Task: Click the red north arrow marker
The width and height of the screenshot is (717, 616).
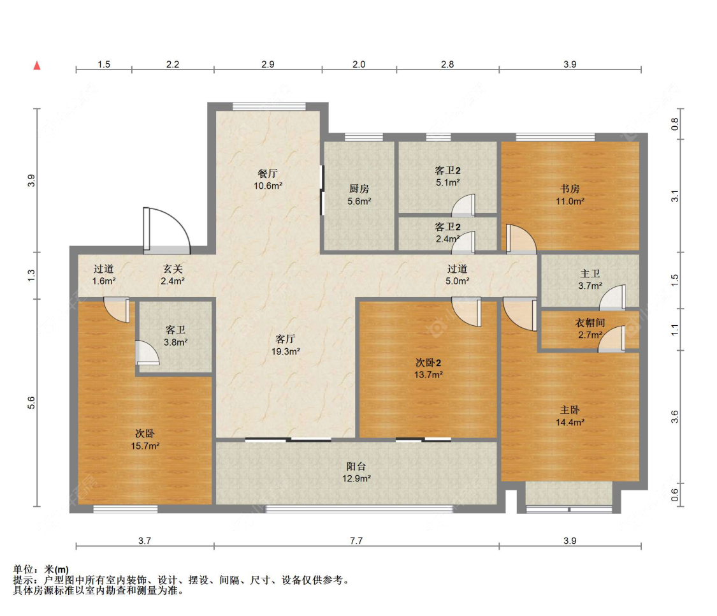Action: click(x=37, y=66)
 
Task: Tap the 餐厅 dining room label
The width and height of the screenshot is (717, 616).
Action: click(x=268, y=173)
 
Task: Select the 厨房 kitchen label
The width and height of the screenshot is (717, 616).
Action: click(x=359, y=189)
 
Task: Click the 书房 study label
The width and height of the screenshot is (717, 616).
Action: click(x=570, y=189)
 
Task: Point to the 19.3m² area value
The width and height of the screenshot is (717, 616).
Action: click(x=286, y=351)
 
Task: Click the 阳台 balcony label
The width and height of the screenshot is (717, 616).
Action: click(x=356, y=466)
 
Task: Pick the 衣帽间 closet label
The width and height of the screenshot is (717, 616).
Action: click(x=590, y=323)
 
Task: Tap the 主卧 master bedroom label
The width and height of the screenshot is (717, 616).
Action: click(x=570, y=410)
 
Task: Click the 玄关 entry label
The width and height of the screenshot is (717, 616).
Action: click(x=173, y=269)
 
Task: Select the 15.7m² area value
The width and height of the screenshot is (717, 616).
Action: click(x=145, y=446)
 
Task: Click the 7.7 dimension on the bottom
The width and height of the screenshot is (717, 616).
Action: click(x=356, y=541)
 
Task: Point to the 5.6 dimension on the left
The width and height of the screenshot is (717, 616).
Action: click(x=31, y=403)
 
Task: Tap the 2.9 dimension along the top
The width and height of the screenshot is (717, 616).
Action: click(x=268, y=64)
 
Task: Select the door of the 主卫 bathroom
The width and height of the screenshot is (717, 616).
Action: click(x=612, y=297)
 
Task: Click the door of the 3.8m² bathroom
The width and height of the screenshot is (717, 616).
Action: click(x=147, y=353)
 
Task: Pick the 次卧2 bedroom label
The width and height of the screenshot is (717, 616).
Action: click(x=428, y=363)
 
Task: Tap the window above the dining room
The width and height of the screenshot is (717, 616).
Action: click(x=269, y=106)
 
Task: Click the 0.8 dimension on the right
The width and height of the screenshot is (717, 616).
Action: click(x=675, y=124)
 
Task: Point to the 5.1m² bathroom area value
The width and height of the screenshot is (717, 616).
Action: click(x=447, y=182)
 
